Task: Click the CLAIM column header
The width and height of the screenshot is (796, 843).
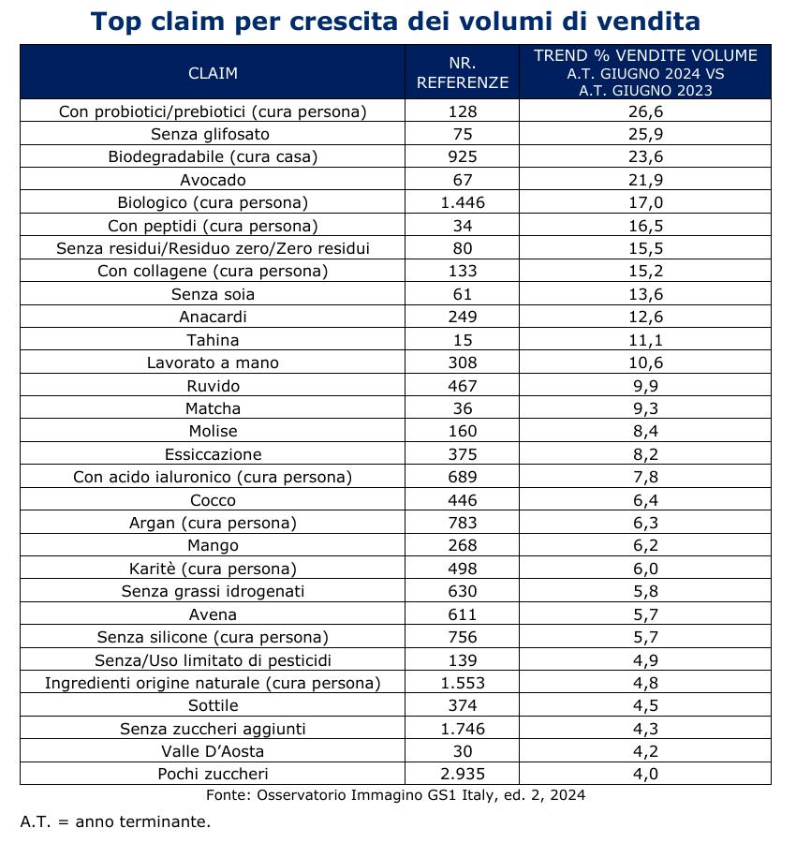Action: pos(213,73)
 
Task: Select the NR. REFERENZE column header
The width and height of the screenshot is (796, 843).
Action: pos(463,72)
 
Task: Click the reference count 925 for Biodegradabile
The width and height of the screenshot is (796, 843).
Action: pos(463,156)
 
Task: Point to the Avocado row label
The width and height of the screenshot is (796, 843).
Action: pos(213,180)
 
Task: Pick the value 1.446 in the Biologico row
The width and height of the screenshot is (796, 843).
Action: pos(463,202)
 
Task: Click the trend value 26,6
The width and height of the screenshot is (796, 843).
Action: pos(645,111)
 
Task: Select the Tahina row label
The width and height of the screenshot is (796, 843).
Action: pos(213,340)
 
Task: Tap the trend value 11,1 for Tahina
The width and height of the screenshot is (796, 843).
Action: pos(645,340)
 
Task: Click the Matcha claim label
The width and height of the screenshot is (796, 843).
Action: pos(213,408)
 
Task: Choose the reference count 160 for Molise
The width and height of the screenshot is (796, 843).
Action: pos(463,431)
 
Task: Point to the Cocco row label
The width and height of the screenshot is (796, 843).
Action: pos(213,500)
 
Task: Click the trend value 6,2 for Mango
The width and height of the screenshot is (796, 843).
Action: pos(645,546)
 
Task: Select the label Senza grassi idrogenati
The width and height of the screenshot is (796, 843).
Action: pos(213,591)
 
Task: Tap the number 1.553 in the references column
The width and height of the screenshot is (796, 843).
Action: pos(463,683)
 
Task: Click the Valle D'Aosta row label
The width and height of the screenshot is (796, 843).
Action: pos(213,751)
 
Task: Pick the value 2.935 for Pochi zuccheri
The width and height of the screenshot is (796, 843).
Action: pos(463,775)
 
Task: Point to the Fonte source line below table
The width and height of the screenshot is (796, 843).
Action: pos(395,795)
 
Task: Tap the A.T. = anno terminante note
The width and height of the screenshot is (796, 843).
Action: pos(115,821)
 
